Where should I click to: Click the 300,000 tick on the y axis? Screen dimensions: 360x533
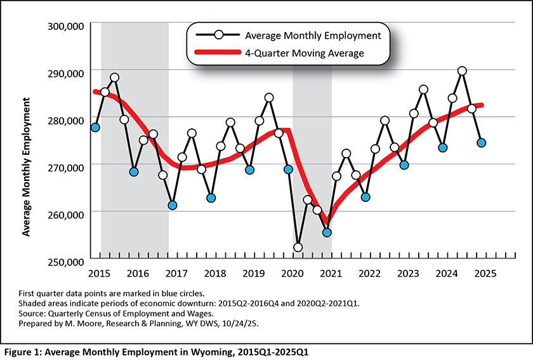click(x=65, y=26)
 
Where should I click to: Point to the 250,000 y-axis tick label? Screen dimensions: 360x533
click(x=65, y=261)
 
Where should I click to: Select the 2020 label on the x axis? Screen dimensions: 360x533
click(x=293, y=273)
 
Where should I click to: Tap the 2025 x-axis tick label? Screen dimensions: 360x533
click(x=485, y=273)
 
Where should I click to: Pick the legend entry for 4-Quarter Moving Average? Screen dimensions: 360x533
click(x=313, y=53)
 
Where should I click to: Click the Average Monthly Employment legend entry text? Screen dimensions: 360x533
click(x=312, y=35)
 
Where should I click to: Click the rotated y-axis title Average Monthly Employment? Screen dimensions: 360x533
click(x=27, y=167)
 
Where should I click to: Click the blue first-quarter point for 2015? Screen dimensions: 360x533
click(x=95, y=128)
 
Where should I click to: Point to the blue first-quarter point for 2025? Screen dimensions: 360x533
click(x=482, y=143)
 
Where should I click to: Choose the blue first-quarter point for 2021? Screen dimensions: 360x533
click(x=327, y=232)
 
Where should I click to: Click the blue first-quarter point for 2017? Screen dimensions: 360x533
click(x=173, y=205)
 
